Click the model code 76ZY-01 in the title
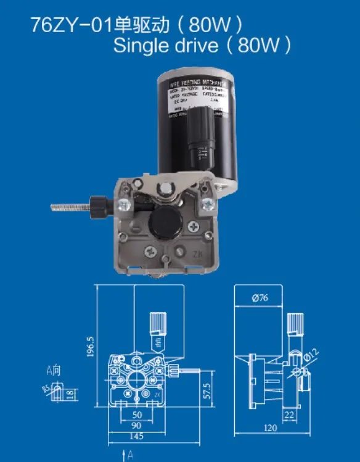click(70, 25)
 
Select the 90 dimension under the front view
click(136, 425)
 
